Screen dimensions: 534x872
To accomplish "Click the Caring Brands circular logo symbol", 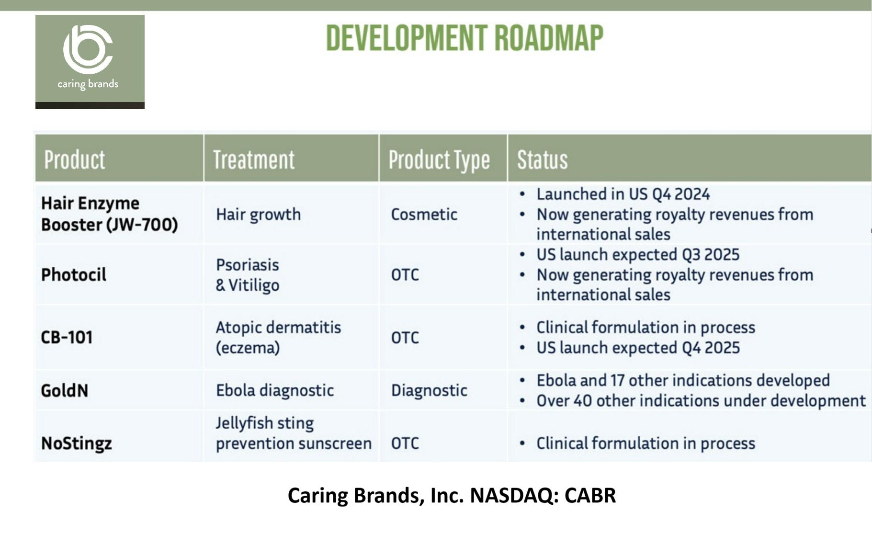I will click(x=88, y=49).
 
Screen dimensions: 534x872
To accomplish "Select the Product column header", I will click(x=74, y=159).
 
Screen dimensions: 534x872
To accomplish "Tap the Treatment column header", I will click(x=253, y=159).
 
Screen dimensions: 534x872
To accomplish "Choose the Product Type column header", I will click(x=439, y=159).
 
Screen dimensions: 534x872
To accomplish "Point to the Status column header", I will click(x=542, y=159).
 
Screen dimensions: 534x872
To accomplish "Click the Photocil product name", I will click(x=74, y=275).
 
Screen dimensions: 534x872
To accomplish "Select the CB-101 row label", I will click(x=67, y=338).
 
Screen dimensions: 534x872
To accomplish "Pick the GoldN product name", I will click(x=65, y=391).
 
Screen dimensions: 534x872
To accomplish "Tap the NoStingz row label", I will click(x=77, y=443).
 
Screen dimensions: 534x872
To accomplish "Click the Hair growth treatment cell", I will click(x=258, y=215).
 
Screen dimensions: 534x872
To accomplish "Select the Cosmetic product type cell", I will click(x=424, y=215).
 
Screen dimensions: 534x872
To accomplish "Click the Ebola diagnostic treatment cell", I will click(x=274, y=390).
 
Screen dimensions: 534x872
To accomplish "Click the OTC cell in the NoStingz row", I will click(x=405, y=443).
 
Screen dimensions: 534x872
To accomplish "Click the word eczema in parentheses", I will click(x=248, y=348).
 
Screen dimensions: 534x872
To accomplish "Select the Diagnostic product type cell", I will click(x=429, y=390).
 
